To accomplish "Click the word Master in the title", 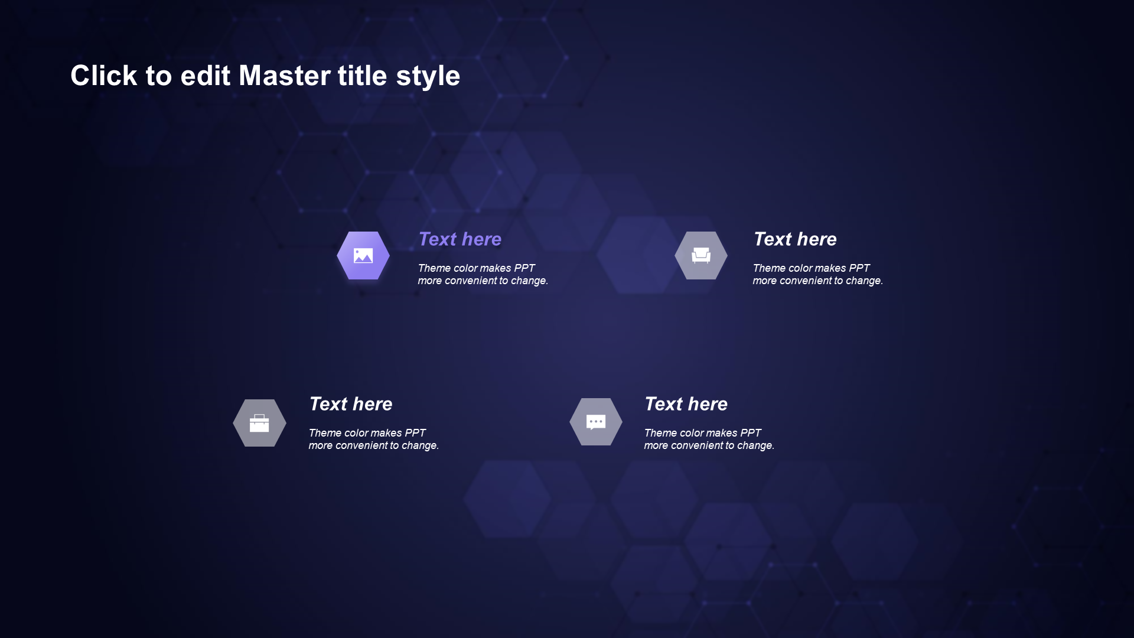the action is (x=284, y=76).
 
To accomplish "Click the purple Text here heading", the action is (x=460, y=239).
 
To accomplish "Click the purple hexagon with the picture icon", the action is (x=363, y=255).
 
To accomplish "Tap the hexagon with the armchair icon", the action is (x=701, y=255).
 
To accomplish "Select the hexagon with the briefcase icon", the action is (x=259, y=423).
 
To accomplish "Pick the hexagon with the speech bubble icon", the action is (x=596, y=422).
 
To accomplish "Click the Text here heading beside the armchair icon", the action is (x=795, y=239).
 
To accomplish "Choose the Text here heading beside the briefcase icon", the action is (x=351, y=403).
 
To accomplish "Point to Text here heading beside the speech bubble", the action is (x=686, y=403).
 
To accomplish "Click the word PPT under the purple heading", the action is (x=524, y=268).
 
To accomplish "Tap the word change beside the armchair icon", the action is (x=863, y=281).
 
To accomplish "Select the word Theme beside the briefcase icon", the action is (x=324, y=433).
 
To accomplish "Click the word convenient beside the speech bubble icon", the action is (x=698, y=445).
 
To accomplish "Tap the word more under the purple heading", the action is (x=430, y=281).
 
